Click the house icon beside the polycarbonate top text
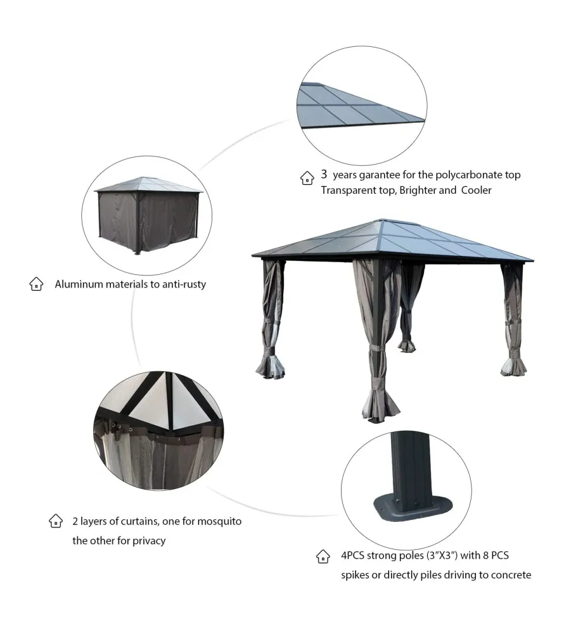point(307,178)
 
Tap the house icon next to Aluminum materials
point(36,284)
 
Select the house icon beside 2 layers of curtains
point(56,521)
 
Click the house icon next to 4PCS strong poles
point(323,556)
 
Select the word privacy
point(149,541)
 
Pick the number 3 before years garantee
point(324,174)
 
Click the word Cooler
point(476,190)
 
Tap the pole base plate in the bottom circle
point(412,508)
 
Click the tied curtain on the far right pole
point(513,319)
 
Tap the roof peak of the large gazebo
point(383,219)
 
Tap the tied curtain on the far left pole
point(271,319)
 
